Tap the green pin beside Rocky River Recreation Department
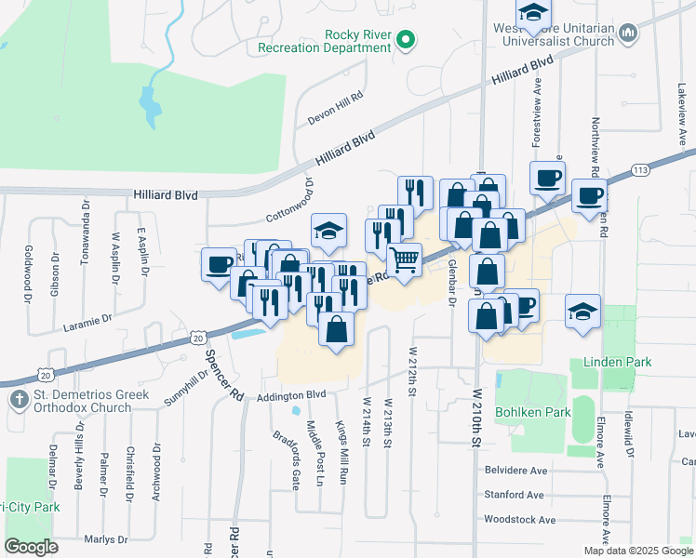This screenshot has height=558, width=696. point(405,40)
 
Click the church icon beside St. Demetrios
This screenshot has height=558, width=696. point(18,400)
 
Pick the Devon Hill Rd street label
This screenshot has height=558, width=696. point(334,111)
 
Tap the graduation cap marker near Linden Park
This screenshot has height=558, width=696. point(582,312)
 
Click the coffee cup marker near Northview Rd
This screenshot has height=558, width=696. point(589,196)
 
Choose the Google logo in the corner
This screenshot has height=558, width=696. point(31,547)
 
